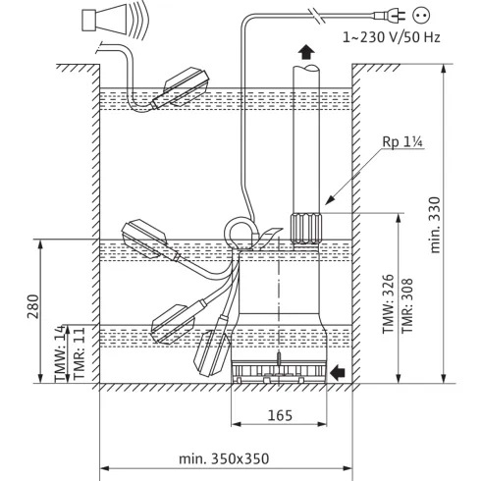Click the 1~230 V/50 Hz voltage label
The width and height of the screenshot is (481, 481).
click(x=391, y=37)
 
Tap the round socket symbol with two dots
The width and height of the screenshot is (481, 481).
click(x=421, y=15)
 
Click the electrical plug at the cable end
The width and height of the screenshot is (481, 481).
click(x=390, y=15)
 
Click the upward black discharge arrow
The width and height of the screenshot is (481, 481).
click(x=306, y=52)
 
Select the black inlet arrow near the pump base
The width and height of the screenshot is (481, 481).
click(x=338, y=372)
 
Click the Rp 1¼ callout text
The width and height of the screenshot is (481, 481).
click(x=402, y=142)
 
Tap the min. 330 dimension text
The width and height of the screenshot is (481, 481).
click(x=435, y=225)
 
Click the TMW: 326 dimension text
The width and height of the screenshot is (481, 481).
click(x=388, y=303)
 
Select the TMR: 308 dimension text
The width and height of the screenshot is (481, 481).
click(x=407, y=305)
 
